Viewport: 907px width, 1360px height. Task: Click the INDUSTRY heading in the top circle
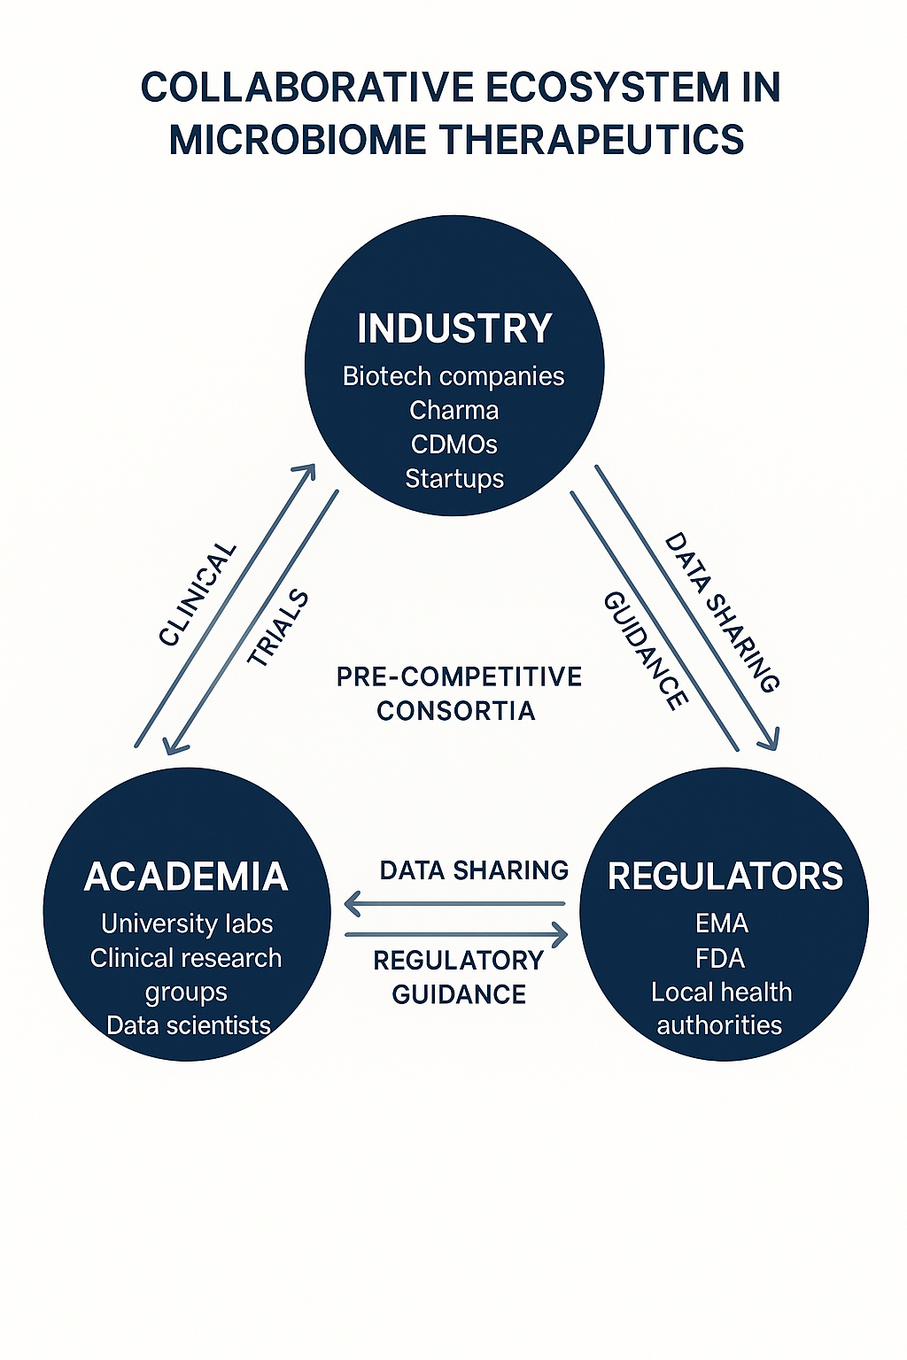[x=454, y=328]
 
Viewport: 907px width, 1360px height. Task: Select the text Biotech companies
[x=453, y=376]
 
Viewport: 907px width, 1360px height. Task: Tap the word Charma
[x=453, y=410]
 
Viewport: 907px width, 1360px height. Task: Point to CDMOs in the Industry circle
[x=453, y=444]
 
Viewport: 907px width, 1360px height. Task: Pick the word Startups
[x=454, y=478]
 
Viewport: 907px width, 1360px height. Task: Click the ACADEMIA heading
[x=186, y=877]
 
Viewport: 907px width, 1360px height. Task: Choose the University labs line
[x=187, y=923]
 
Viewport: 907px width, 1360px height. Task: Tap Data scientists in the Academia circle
[x=188, y=1025]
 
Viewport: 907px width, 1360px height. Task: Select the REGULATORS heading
[x=725, y=876]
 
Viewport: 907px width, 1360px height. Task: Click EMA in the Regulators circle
[x=722, y=923]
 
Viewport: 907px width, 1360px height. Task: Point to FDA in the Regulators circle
[x=720, y=958]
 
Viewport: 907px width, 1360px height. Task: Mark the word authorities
[x=719, y=1025]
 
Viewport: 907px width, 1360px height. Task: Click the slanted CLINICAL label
[x=198, y=594]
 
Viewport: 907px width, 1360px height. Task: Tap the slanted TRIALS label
[x=278, y=628]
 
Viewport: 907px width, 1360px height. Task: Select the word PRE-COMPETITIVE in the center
[x=459, y=677]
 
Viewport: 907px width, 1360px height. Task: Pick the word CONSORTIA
[x=455, y=711]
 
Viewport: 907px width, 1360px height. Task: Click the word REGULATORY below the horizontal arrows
[x=458, y=961]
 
